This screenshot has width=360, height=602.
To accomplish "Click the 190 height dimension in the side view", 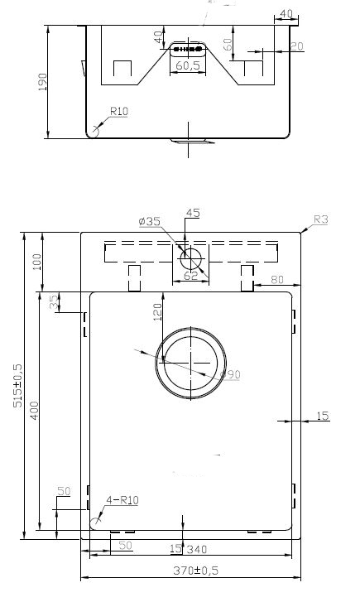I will pyautogui.click(x=42, y=81).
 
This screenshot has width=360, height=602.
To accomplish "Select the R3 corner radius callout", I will pyautogui.click(x=321, y=220).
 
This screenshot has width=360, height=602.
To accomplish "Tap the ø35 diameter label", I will pyautogui.click(x=151, y=221).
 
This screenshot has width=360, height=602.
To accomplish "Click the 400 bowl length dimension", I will pyautogui.click(x=34, y=410).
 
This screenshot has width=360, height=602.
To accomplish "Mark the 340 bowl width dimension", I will pyautogui.click(x=198, y=549).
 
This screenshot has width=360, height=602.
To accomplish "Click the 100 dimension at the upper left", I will pyautogui.click(x=36, y=262).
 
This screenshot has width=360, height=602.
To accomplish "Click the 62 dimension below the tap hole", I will pyautogui.click(x=191, y=276).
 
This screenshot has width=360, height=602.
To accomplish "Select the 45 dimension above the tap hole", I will pyautogui.click(x=193, y=214).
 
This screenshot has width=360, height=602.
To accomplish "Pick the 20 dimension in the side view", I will pyautogui.click(x=297, y=47).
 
